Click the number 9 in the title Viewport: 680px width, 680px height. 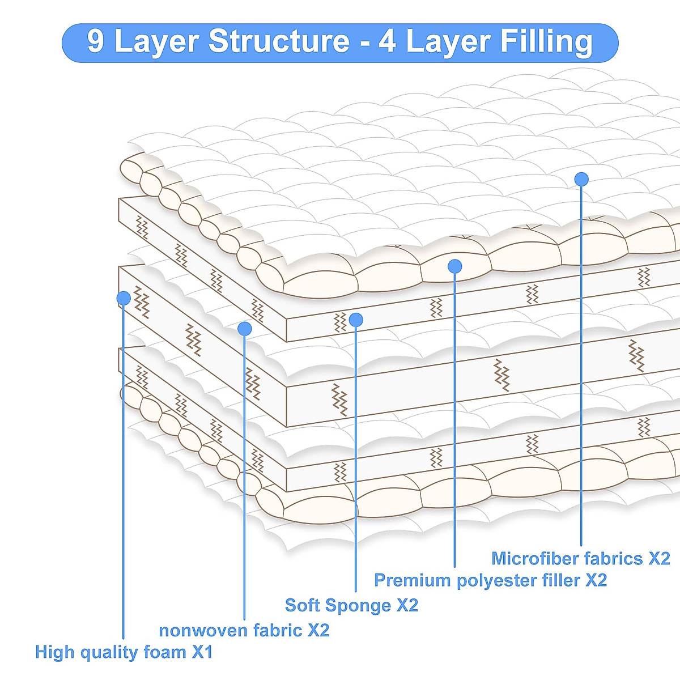(x=96, y=42)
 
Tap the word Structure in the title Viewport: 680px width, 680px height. (x=279, y=42)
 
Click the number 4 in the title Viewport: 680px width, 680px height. (x=387, y=42)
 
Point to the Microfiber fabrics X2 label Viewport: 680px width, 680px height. (x=580, y=558)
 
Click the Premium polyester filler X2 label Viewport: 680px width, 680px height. (x=490, y=580)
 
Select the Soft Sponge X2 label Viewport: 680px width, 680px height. (x=351, y=605)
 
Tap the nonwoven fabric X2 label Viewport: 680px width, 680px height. (x=244, y=630)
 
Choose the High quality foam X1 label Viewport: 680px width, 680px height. (x=124, y=652)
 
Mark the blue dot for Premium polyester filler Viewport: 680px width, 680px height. (x=454, y=266)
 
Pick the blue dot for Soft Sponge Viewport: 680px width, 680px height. (x=356, y=320)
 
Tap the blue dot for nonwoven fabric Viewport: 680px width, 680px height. (x=245, y=328)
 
